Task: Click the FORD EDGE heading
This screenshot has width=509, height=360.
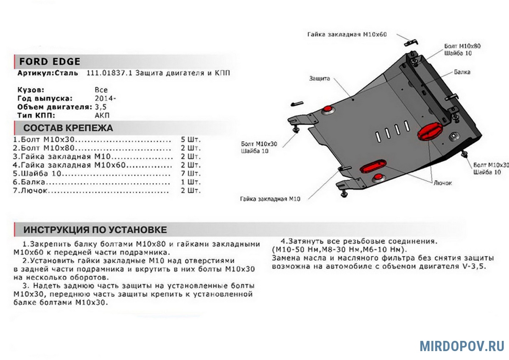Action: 50,62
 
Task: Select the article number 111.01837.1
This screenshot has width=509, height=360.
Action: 109,73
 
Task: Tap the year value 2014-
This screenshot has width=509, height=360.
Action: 105,98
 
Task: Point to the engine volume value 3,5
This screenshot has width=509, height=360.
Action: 101,107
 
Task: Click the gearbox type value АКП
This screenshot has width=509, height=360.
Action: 102,115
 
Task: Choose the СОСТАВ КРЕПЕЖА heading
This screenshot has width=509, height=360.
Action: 68,128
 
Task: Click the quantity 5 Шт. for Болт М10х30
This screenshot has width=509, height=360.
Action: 190,139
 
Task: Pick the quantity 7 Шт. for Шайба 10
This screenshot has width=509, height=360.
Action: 190,174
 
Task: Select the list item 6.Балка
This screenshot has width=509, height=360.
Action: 29,182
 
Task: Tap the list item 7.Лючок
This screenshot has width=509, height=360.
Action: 30,190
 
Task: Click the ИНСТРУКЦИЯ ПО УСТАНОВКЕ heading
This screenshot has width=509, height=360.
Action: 95,230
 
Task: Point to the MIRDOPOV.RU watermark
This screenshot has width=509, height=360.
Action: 462,346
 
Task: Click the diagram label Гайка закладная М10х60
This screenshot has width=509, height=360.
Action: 347,34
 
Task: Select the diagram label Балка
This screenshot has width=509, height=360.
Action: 462,72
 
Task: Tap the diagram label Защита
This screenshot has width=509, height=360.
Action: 319,79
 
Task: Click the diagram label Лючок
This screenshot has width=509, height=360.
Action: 443,183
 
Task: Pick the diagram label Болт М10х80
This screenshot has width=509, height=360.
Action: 462,46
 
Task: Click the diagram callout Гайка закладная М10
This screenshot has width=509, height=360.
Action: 270,199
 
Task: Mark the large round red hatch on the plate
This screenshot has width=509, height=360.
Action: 430,132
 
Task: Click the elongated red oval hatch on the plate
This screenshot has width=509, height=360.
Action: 373,166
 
